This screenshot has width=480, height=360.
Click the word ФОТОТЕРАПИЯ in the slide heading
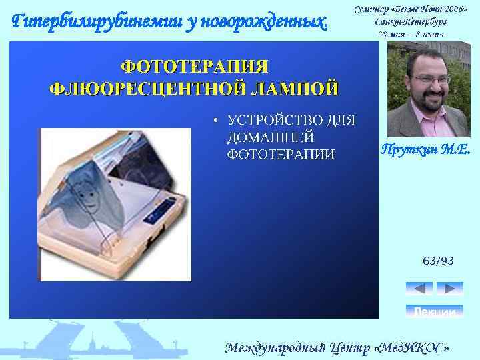[x=194, y=67]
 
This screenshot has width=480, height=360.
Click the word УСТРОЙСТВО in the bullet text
[x=276, y=121]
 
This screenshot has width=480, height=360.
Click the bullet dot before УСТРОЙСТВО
[x=215, y=121]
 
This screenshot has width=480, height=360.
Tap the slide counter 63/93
[x=438, y=260]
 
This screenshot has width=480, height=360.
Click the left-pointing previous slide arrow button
[x=419, y=289]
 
